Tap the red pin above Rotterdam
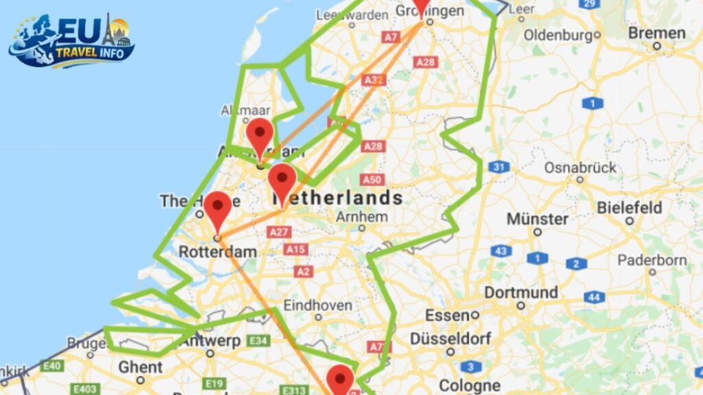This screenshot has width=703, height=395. pos(218,208)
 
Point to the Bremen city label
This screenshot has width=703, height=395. pos(656,33)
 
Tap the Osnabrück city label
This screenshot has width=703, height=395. pos(579,167)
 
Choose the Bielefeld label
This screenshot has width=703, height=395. pos(630,207)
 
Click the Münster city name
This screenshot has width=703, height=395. pos(538,219)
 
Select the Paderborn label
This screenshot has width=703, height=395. pos(652,261)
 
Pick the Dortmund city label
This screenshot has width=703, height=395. pos(521,293)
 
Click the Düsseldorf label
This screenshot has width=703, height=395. pos(451,339)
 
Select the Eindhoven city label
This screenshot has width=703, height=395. pos(318,305)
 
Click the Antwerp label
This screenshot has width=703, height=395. pos(210,341)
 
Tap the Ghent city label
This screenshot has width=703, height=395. pos(140,367)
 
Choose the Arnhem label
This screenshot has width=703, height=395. pos(362,217)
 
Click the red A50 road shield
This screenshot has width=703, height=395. pos(371,180)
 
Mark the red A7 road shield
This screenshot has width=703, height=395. pos(391,37)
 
